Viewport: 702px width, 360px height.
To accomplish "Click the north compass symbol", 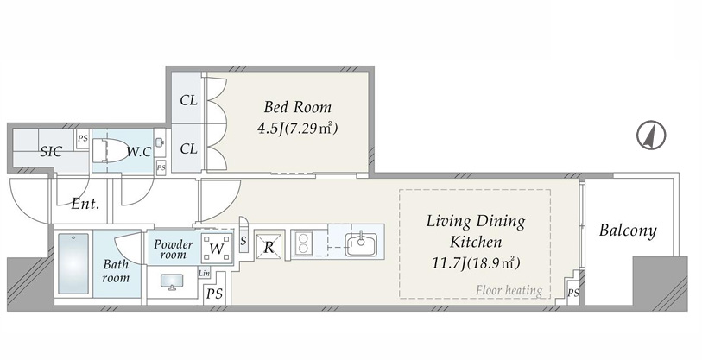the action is click(651, 135).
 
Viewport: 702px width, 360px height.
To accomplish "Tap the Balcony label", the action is click(628, 231).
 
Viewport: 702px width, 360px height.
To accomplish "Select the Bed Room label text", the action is click(298, 107).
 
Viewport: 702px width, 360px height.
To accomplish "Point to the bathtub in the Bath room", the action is click(73, 263).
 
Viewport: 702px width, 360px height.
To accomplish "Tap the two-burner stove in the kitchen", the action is click(303, 243).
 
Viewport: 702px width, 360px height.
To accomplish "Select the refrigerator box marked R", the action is click(269, 246).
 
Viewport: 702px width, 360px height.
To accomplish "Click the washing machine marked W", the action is click(217, 248).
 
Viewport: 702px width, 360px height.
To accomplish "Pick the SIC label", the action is click(51, 152).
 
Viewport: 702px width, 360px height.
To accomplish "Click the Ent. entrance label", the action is click(85, 205).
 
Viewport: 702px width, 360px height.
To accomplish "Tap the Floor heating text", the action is click(509, 291).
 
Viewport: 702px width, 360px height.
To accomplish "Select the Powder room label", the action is click(174, 249).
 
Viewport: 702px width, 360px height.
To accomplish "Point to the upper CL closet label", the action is click(188, 100).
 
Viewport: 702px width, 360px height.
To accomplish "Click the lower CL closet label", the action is click(188, 148).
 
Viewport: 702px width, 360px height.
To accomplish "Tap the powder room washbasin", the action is click(173, 281).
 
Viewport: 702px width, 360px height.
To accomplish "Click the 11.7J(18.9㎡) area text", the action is click(476, 263).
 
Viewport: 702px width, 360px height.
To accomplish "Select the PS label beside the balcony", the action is click(573, 294).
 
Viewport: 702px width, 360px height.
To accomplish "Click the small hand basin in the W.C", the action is click(160, 142).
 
